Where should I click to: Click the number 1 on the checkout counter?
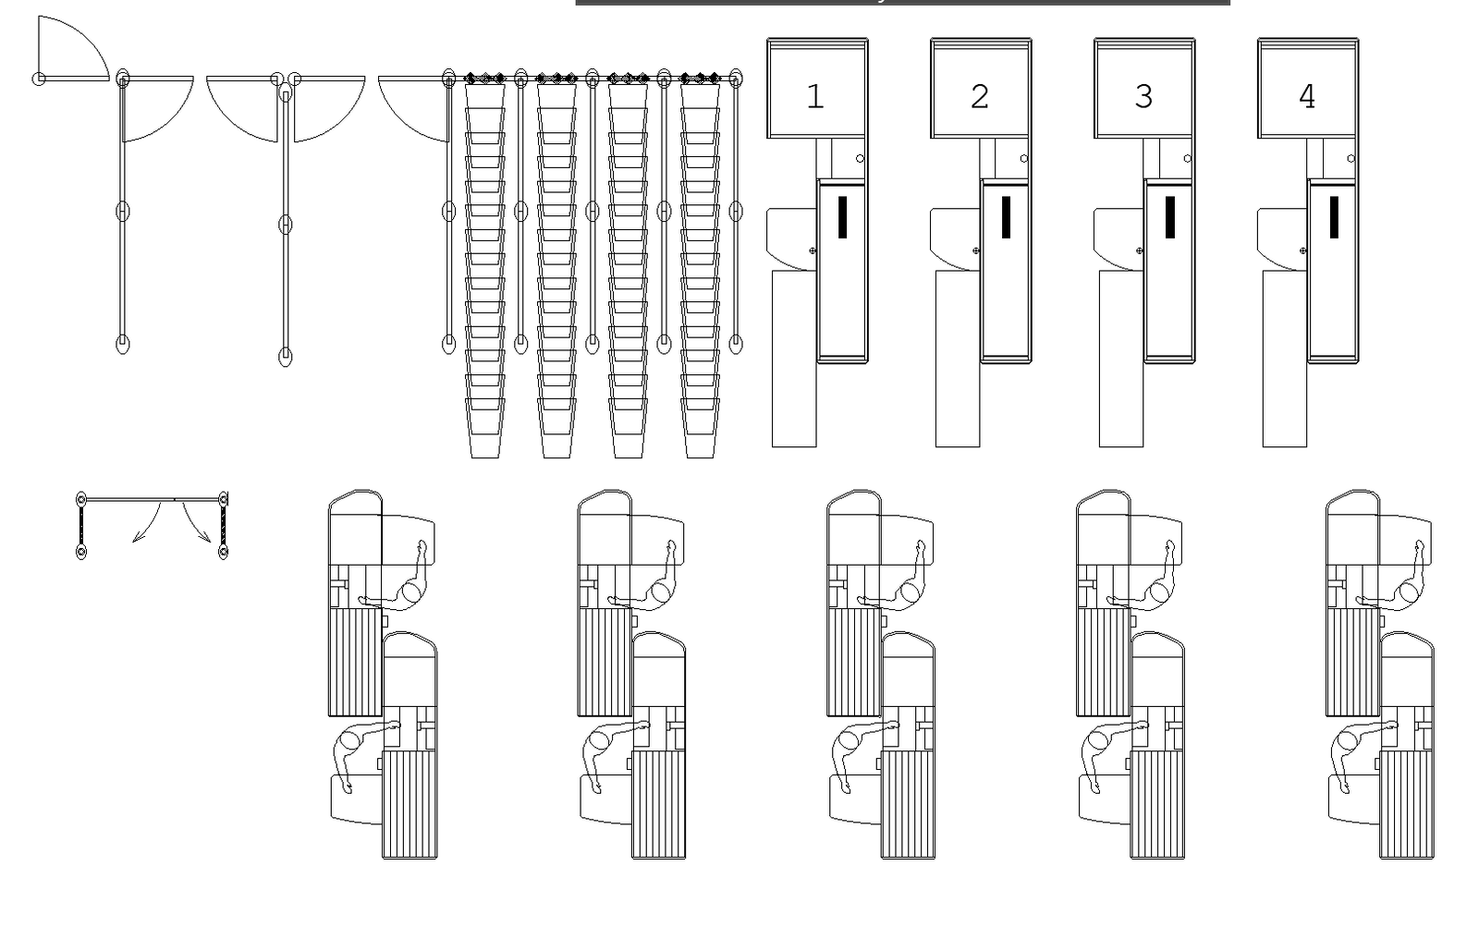[x=814, y=97]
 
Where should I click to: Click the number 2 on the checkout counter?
[x=980, y=97]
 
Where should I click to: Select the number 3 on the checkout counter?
[x=1143, y=97]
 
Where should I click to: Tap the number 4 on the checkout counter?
[x=1306, y=97]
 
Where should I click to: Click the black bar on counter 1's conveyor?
[x=842, y=217]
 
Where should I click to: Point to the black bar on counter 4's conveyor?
[x=1334, y=217]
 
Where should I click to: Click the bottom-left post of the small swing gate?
[x=81, y=552]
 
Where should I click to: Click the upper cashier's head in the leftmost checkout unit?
[x=411, y=592]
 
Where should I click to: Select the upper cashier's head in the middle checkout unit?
[x=911, y=592]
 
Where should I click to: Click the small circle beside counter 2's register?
[x=1024, y=159]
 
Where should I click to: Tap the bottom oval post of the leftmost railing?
[x=123, y=345]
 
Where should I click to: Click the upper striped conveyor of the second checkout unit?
[x=605, y=662]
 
